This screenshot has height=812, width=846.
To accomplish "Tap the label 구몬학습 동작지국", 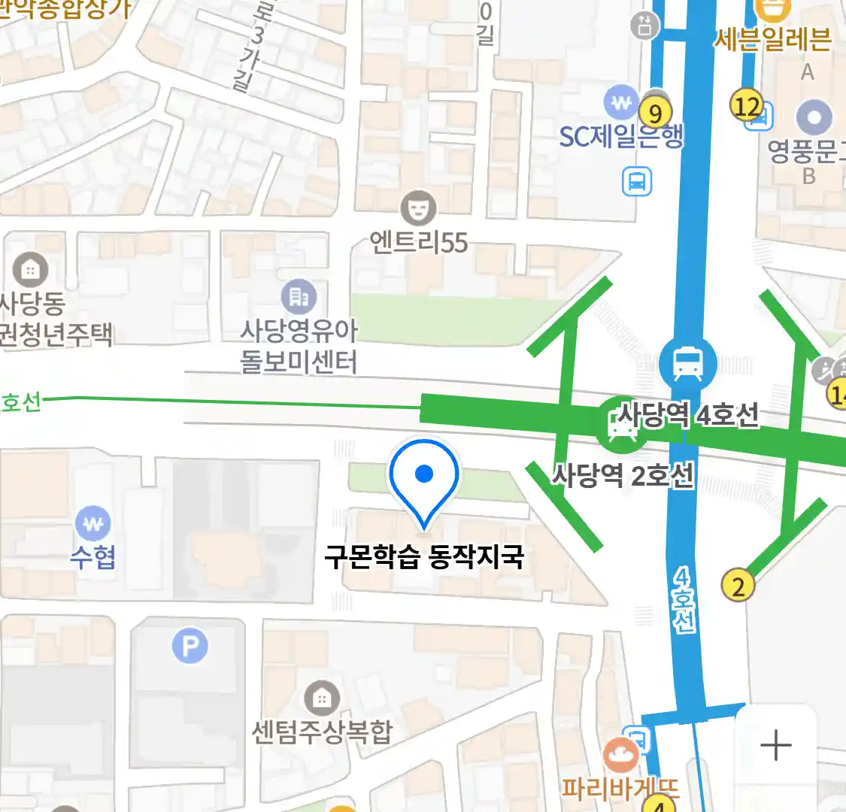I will [424, 557].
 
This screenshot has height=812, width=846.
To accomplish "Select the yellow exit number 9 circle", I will [655, 113].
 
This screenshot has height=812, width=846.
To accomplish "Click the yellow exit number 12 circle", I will [747, 106].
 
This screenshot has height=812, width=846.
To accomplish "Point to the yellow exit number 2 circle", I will [738, 586].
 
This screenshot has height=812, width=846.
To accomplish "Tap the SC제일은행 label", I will [621, 137].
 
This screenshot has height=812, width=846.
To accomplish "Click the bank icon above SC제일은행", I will [620, 103].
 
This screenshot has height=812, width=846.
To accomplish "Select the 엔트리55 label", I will [419, 243].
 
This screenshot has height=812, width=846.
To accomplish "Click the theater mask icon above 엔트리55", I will [418, 208].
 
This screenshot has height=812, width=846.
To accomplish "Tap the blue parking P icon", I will [190, 646].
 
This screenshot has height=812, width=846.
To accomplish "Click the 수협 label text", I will [93, 557].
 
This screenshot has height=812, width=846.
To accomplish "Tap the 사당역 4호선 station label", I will [688, 415].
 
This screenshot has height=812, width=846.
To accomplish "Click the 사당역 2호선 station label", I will [623, 475].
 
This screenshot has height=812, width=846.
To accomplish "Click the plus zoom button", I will [775, 746].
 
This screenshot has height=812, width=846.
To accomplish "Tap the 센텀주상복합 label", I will [322, 732].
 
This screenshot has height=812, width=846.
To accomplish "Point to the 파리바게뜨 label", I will [621, 789].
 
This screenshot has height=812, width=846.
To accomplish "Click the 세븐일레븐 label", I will [772, 39].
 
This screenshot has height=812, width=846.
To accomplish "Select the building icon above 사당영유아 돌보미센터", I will [299, 298].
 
